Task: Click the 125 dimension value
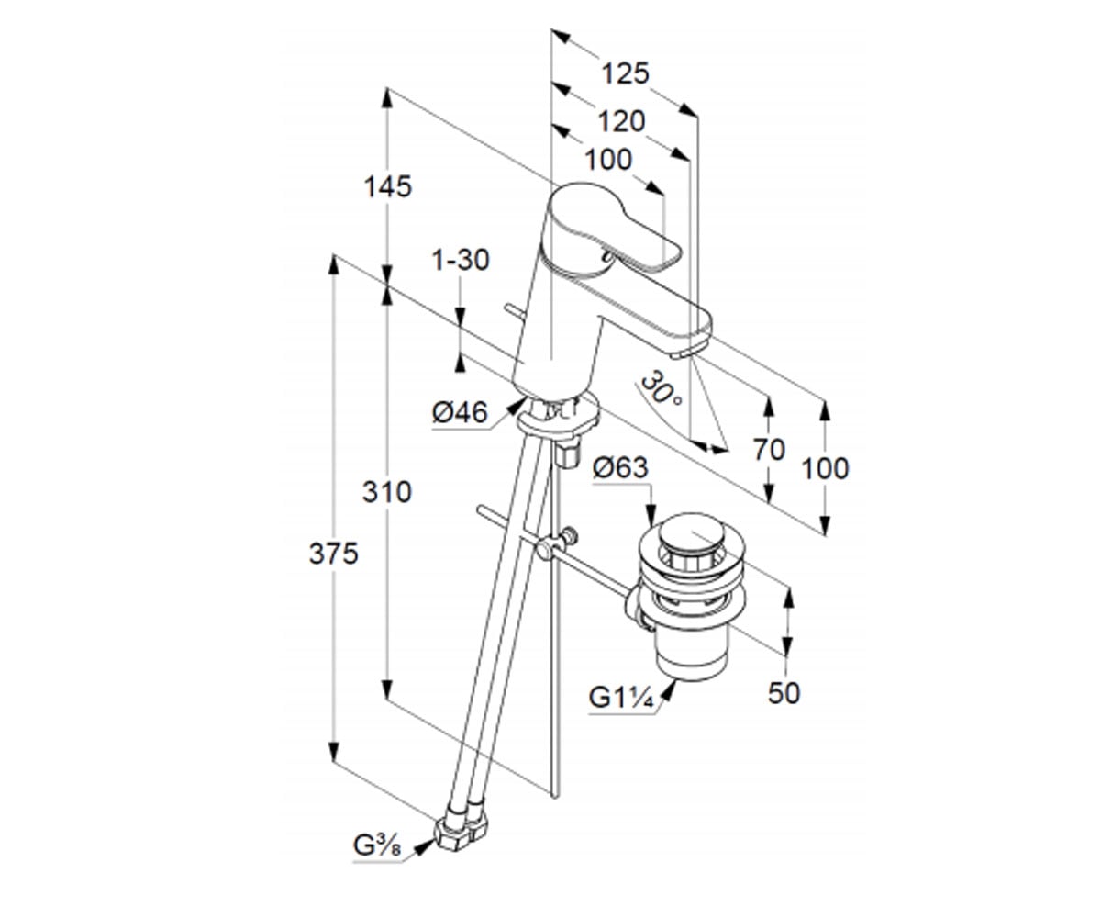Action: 625,73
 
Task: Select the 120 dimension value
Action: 621,121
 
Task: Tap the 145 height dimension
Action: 387,186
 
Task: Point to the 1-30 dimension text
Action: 461,260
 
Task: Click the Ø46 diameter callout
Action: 460,412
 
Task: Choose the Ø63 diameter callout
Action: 620,467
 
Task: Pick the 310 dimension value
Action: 386,492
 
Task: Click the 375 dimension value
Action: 333,554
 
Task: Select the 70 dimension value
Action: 769,450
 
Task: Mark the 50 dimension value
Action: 784,693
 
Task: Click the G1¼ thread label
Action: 621,698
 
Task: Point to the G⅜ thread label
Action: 377,860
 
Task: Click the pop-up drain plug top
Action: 691,532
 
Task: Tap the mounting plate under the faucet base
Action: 559,419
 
